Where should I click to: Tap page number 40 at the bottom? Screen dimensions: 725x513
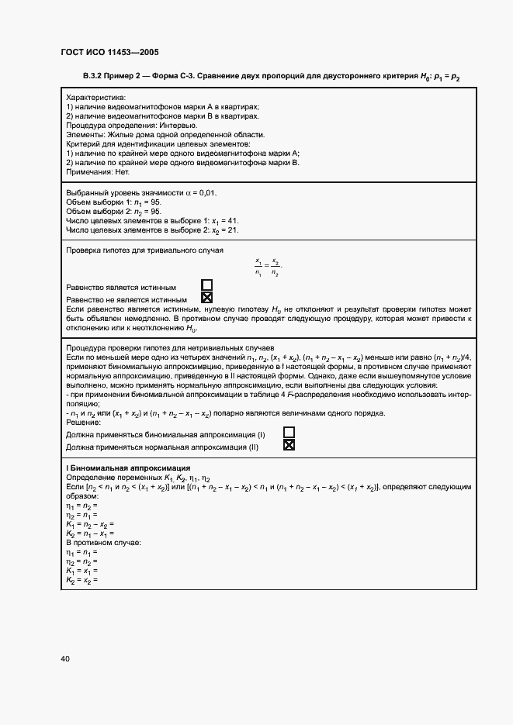tap(65, 659)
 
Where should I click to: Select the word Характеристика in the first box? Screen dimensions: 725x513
tap(96, 98)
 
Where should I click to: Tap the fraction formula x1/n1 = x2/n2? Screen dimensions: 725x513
tap(268, 268)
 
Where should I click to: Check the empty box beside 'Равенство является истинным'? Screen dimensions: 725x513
tap(206, 286)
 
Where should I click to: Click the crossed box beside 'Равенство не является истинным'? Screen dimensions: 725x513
tap(206, 298)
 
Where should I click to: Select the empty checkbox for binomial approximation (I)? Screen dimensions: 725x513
tap(289, 433)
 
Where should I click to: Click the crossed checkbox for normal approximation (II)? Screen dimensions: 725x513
tap(289, 446)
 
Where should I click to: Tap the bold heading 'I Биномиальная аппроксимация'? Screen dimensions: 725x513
tap(128, 468)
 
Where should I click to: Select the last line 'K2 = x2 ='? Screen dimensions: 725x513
tap(81, 579)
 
